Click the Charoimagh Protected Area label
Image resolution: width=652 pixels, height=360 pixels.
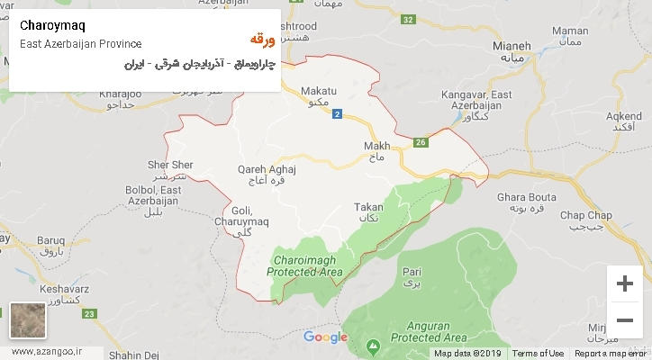(306, 265)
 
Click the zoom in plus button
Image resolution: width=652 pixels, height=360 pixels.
(623, 284)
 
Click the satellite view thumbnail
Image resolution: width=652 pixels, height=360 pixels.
(27, 321)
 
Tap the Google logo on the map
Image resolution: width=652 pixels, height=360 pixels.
(325, 337)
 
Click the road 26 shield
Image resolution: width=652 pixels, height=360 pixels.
(421, 142)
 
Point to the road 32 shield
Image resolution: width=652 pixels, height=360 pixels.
(408, 19)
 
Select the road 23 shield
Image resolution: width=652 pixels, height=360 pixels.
(88, 313)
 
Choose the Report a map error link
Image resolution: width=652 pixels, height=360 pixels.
(610, 354)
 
